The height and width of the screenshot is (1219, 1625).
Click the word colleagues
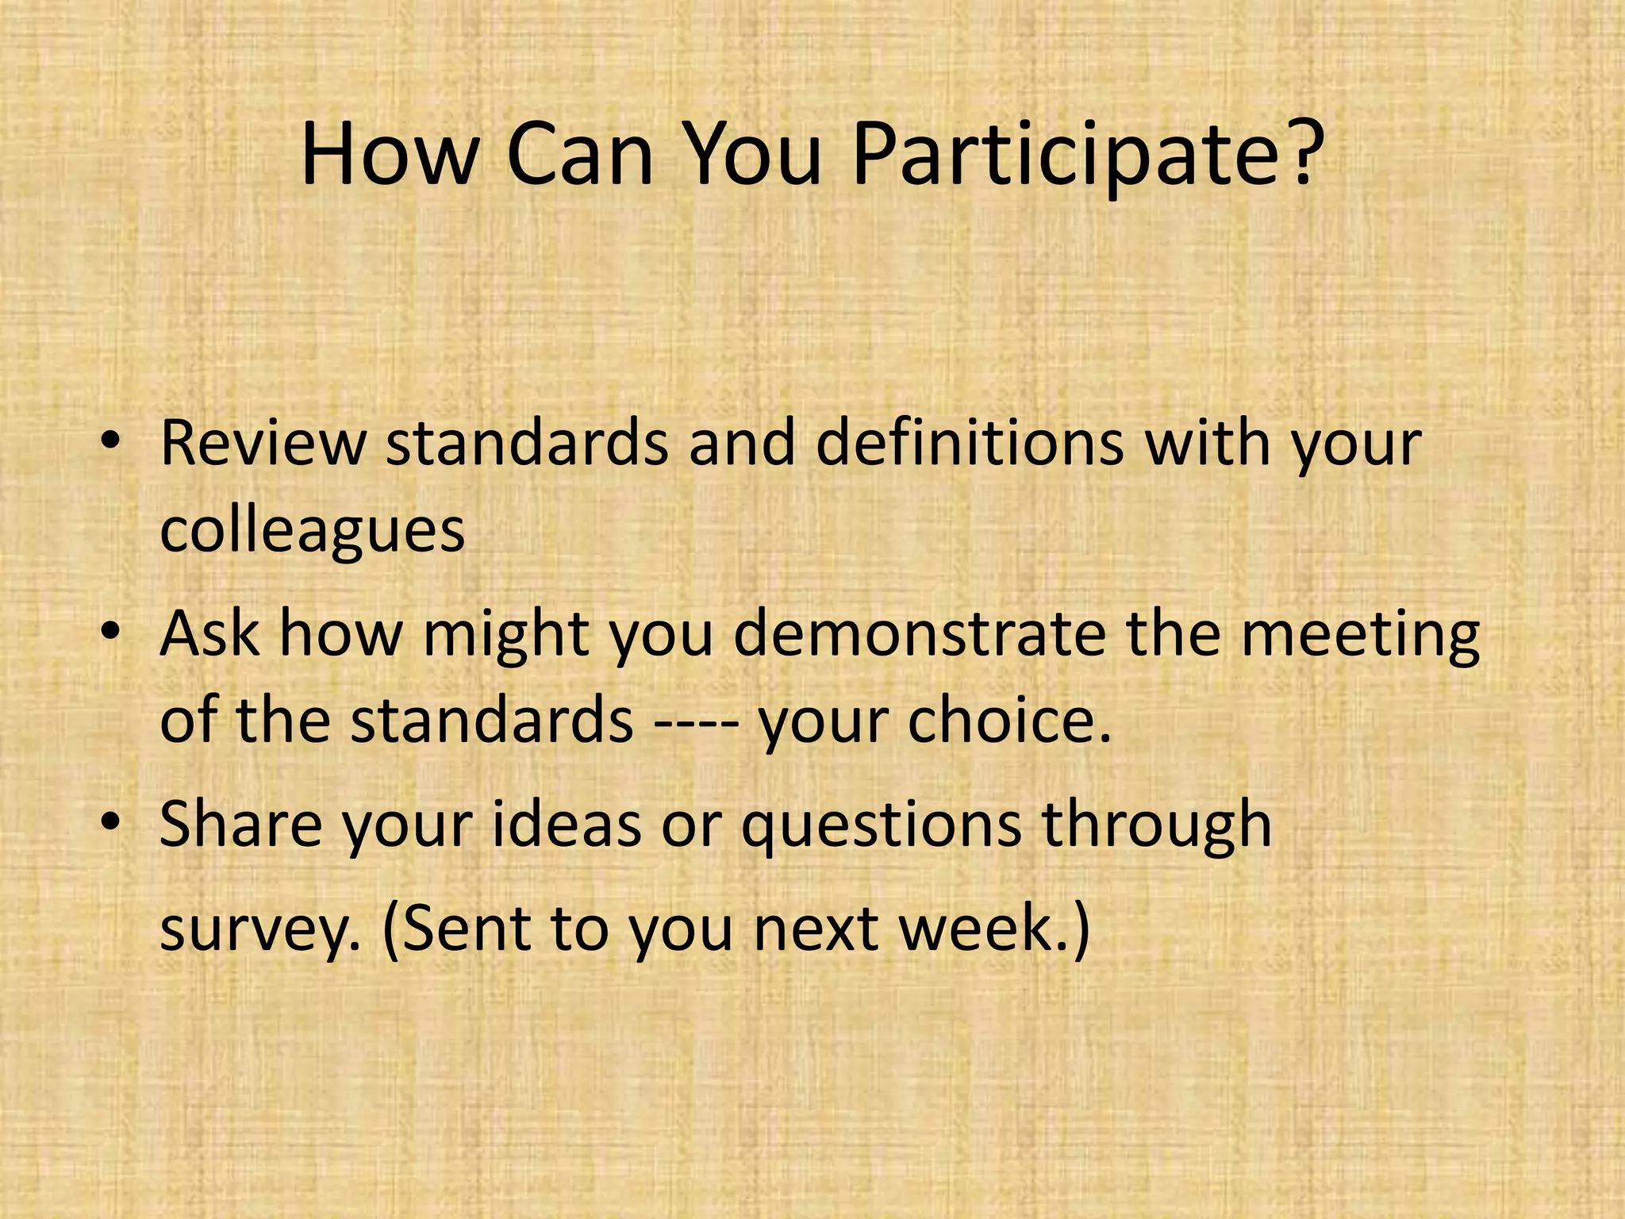(312, 532)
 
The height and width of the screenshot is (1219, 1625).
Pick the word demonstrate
(919, 634)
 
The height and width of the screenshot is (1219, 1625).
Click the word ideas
(567, 825)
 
